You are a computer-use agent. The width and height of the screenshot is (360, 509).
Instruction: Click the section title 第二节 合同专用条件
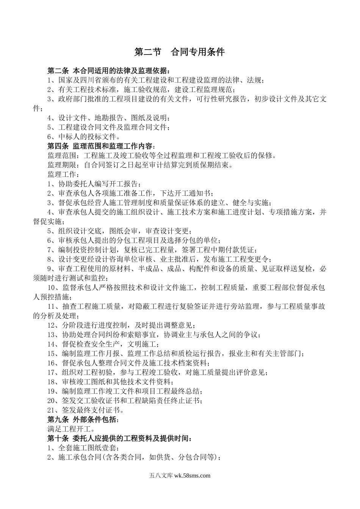point(180,52)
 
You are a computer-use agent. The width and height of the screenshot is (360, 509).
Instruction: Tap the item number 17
point(52,372)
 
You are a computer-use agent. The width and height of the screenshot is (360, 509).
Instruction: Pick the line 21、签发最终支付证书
point(86,410)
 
